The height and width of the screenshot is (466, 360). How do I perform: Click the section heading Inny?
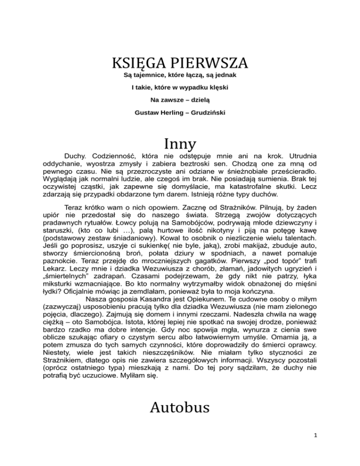pos(180,142)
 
